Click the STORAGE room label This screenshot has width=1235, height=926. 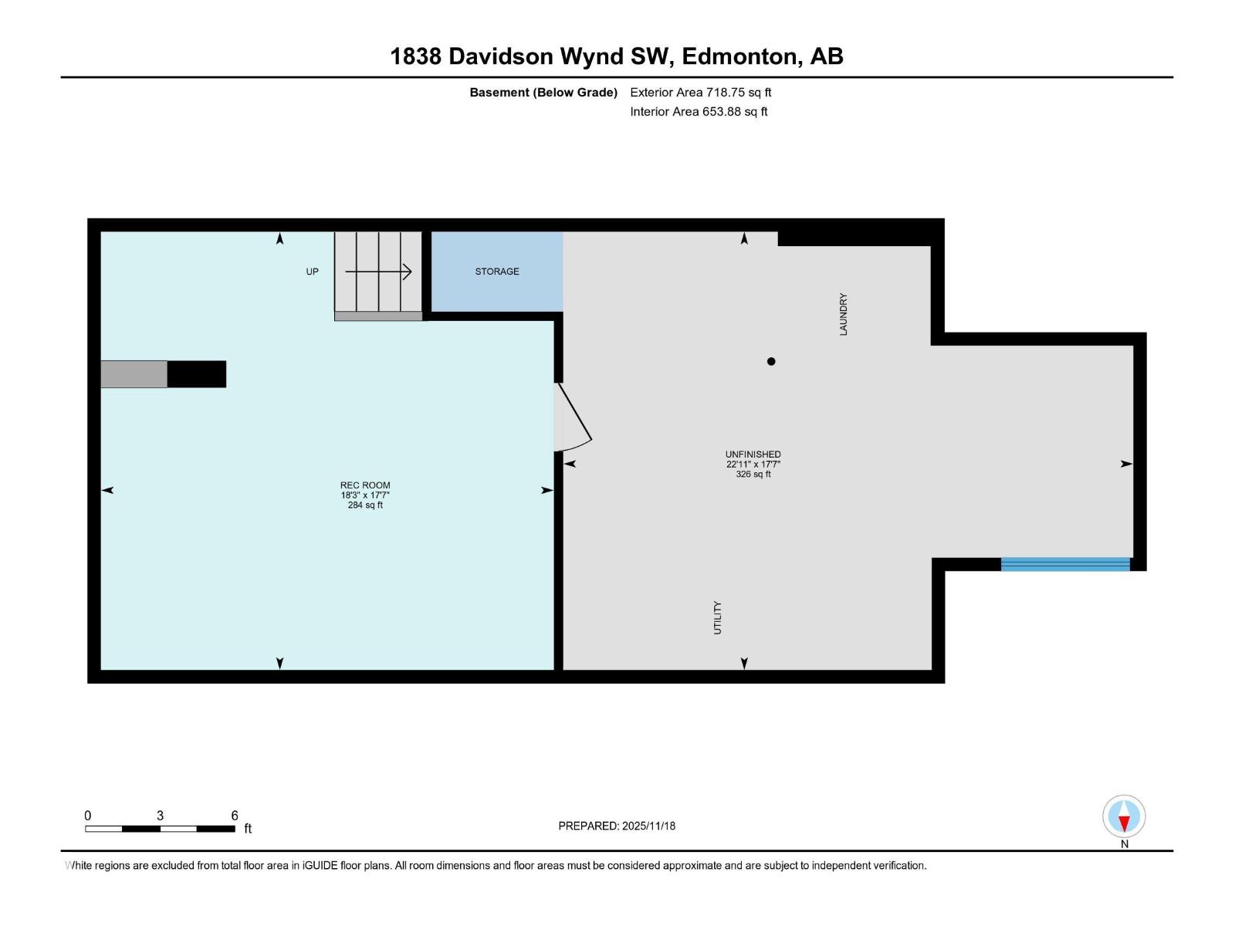[497, 272]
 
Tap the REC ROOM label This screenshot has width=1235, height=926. [364, 485]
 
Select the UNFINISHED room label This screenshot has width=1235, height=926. [753, 455]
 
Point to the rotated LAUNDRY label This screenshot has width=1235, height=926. [843, 314]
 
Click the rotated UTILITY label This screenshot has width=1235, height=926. [717, 618]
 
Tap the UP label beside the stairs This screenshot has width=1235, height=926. [313, 272]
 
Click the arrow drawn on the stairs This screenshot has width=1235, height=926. [378, 272]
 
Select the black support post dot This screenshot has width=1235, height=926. [771, 361]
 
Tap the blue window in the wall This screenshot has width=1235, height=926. [1065, 564]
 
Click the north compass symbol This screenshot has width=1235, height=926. [1124, 816]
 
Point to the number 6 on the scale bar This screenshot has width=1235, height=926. [235, 815]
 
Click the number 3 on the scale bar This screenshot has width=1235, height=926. [160, 815]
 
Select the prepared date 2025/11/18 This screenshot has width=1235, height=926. [648, 826]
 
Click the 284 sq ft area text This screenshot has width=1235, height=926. [365, 505]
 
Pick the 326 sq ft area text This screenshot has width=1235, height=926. [753, 475]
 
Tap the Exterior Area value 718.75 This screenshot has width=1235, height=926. [726, 92]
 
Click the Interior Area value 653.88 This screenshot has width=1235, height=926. [721, 111]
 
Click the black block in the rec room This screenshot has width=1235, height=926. [196, 374]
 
